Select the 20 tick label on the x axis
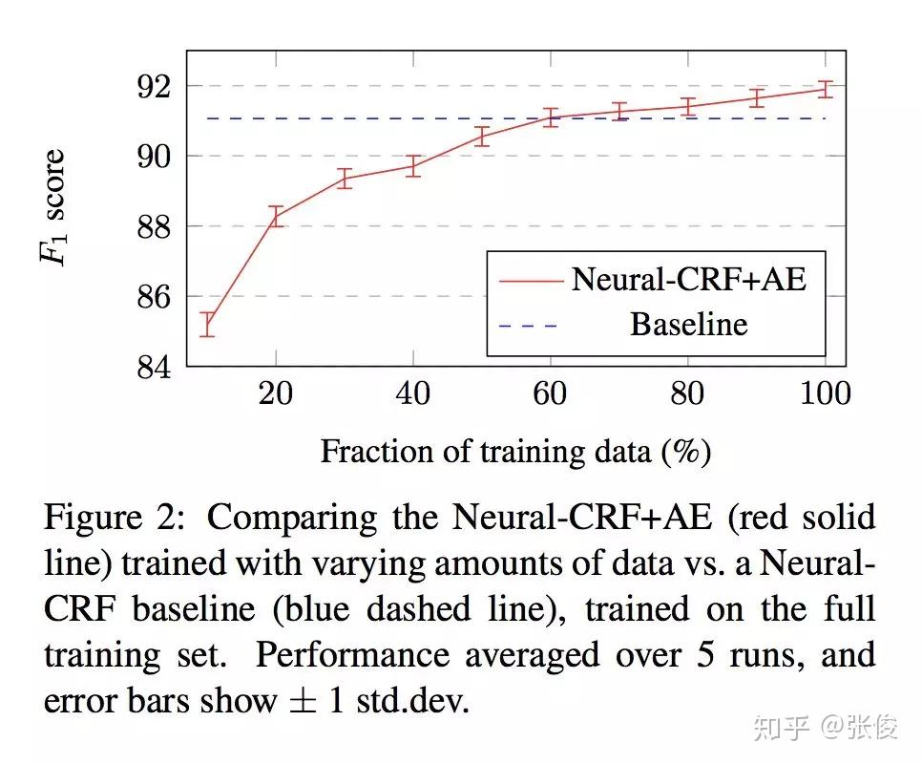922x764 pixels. [x=276, y=393]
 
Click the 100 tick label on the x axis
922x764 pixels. [x=824, y=393]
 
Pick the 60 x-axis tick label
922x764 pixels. [x=550, y=393]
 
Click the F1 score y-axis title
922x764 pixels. [x=55, y=207]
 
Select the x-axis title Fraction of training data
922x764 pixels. [x=515, y=451]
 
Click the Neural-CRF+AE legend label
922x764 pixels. [x=688, y=279]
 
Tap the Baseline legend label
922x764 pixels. [x=688, y=325]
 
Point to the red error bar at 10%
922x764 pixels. [x=206, y=325]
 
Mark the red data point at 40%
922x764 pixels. [x=412, y=166]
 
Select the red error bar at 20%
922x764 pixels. [x=276, y=216]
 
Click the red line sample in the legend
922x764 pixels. [x=528, y=280]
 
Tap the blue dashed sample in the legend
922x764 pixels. [x=528, y=326]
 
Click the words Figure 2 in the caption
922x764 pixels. [x=114, y=518]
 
